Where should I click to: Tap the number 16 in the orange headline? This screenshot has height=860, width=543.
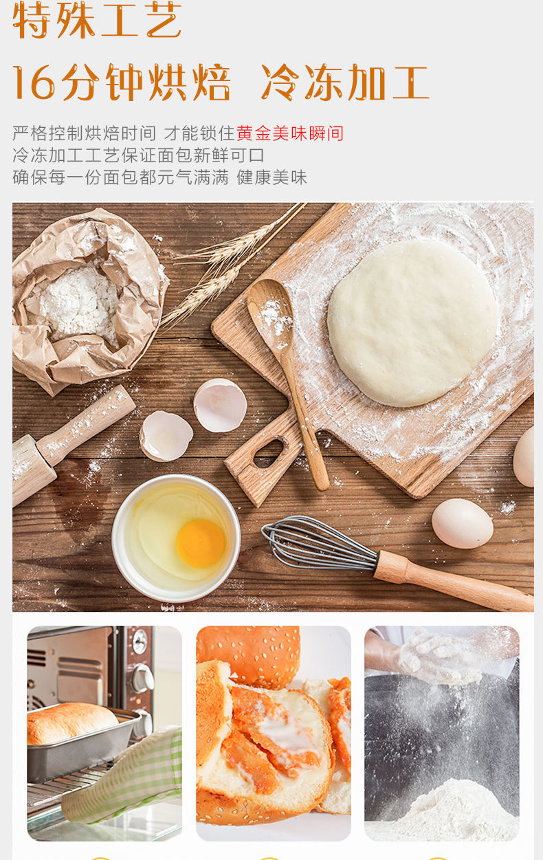pyautogui.click(x=34, y=83)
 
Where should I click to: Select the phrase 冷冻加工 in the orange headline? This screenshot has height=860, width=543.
pyautogui.click(x=345, y=82)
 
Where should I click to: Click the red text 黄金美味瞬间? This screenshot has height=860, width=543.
pyautogui.click(x=290, y=133)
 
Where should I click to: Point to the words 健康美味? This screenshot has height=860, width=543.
pyautogui.click(x=271, y=177)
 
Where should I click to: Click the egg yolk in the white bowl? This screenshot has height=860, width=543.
pyautogui.click(x=200, y=543)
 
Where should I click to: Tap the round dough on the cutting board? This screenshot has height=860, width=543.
pyautogui.click(x=412, y=322)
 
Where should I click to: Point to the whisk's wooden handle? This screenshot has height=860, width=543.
pyautogui.click(x=453, y=580)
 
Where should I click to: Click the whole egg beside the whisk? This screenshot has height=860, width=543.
pyautogui.click(x=463, y=523)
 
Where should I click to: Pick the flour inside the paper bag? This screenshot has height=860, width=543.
pyautogui.click(x=75, y=303)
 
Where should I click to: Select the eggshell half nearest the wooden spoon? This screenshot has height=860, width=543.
pyautogui.click(x=220, y=406)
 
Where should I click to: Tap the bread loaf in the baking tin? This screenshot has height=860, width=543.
pyautogui.click(x=71, y=723)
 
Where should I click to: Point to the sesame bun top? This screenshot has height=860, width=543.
pyautogui.click(x=250, y=655)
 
